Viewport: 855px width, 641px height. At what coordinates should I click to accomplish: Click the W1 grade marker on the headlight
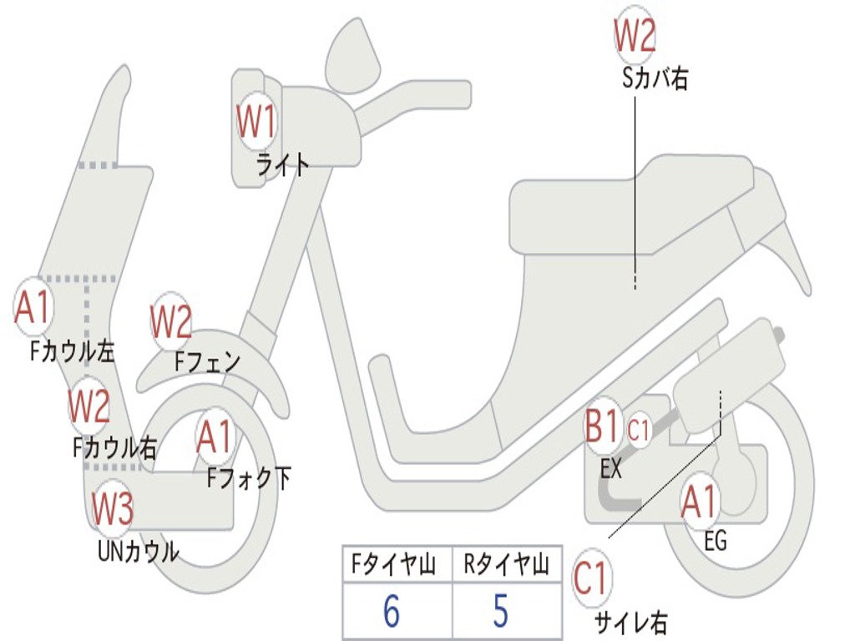click(255, 122)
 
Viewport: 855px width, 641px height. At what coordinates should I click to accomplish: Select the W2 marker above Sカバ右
click(635, 33)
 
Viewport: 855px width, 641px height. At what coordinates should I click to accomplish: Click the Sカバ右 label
click(655, 78)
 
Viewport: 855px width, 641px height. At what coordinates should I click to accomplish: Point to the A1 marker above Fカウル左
click(33, 306)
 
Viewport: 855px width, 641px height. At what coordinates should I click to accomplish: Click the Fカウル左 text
click(72, 351)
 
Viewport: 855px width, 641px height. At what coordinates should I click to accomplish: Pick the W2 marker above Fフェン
click(170, 321)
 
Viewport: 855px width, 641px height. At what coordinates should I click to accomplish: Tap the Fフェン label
click(207, 361)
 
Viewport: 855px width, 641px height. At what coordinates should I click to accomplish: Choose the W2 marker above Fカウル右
click(89, 406)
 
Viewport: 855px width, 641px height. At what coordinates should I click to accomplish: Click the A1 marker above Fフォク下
click(215, 436)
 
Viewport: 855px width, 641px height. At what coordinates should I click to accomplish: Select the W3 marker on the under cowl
click(112, 508)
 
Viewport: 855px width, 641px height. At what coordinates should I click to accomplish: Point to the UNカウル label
click(139, 551)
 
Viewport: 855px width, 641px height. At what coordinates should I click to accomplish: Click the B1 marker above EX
click(602, 426)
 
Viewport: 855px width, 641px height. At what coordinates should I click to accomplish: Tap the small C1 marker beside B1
click(638, 430)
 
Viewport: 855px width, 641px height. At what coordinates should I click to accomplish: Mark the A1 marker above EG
click(699, 502)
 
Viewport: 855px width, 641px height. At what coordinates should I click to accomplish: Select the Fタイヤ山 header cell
click(394, 564)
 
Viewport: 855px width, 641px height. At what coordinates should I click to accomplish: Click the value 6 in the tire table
click(392, 610)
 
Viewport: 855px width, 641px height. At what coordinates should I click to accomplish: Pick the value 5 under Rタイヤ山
click(501, 610)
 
